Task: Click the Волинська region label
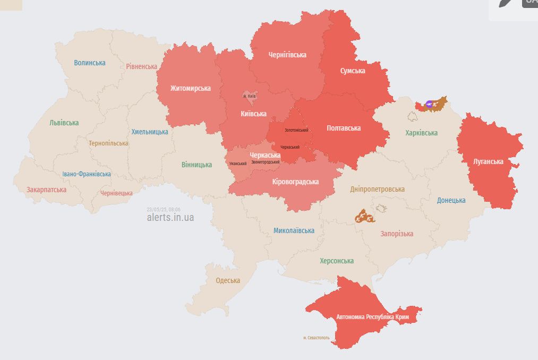pyautogui.click(x=90, y=63)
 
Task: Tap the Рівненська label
pyautogui.click(x=141, y=66)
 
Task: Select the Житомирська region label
pyautogui.click(x=190, y=88)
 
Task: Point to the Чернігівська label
pyautogui.click(x=287, y=55)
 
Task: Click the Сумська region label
pyautogui.click(x=352, y=71)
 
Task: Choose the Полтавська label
pyautogui.click(x=344, y=128)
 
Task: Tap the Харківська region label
pyautogui.click(x=421, y=133)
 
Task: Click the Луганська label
pyautogui.click(x=488, y=161)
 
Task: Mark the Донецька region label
pyautogui.click(x=451, y=200)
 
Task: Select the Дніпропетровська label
pyautogui.click(x=377, y=189)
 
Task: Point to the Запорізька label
pyautogui.click(x=397, y=234)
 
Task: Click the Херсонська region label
pyautogui.click(x=337, y=261)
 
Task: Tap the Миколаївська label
pyautogui.click(x=294, y=230)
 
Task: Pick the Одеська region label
pyautogui.click(x=228, y=280)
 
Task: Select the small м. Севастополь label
pyautogui.click(x=317, y=338)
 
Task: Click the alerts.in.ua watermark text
pyautogui.click(x=170, y=217)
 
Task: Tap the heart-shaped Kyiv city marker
pyautogui.click(x=249, y=96)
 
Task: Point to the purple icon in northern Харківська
pyautogui.click(x=429, y=104)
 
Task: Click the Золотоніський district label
pyautogui.click(x=296, y=130)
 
